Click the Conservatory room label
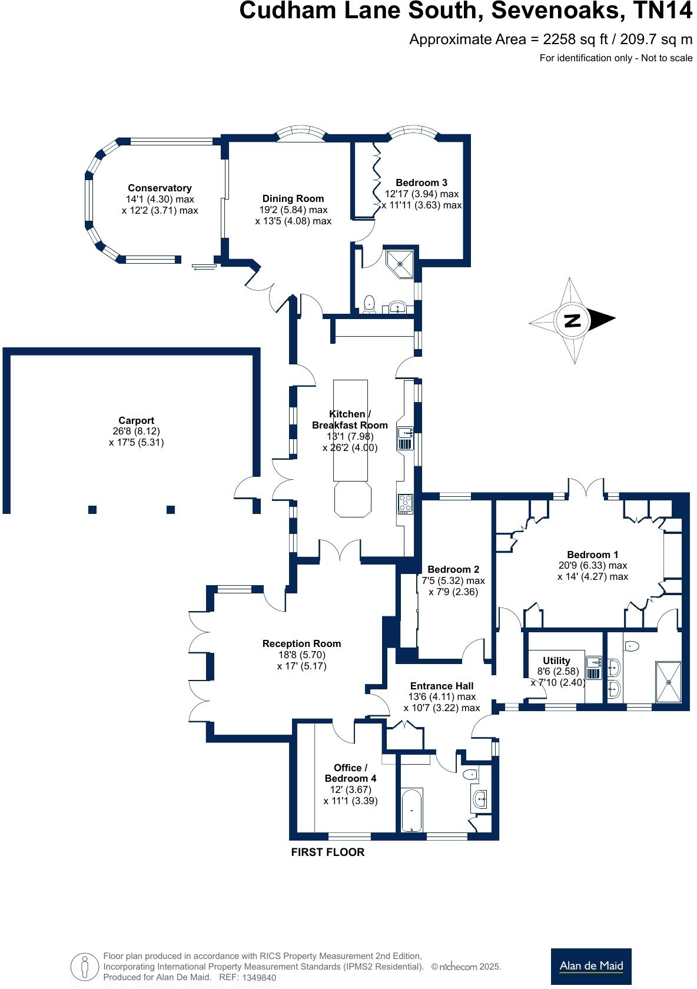pyautogui.click(x=160, y=188)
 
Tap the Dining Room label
pyautogui.click(x=293, y=199)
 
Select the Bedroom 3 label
pyautogui.click(x=421, y=182)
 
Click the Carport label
pyautogui.click(x=137, y=420)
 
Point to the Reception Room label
pyautogui.click(x=301, y=644)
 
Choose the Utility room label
pyautogui.click(x=556, y=661)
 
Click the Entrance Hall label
pyautogui.click(x=442, y=686)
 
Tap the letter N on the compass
pyautogui.click(x=573, y=320)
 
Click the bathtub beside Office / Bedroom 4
pyautogui.click(x=412, y=810)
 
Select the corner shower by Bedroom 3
pyautogui.click(x=400, y=264)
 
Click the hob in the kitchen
pyautogui.click(x=405, y=504)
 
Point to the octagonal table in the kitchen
pyautogui.click(x=353, y=499)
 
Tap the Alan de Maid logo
pyautogui.click(x=591, y=966)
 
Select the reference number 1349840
pyautogui.click(x=258, y=977)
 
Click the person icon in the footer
pyautogui.click(x=84, y=967)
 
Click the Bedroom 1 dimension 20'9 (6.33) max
pyautogui.click(x=593, y=565)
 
